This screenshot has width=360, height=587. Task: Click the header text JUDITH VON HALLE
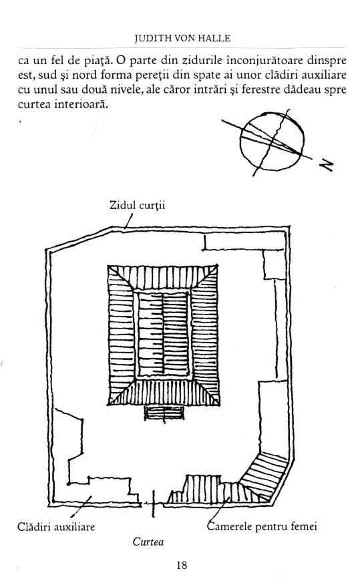point(182,38)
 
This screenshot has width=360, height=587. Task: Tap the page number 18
point(181,565)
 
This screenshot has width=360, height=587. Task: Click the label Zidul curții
point(137,206)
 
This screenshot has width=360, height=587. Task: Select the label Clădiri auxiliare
point(56,527)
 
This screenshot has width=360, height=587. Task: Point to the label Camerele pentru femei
point(262,526)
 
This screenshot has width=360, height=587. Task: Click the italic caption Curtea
point(148,542)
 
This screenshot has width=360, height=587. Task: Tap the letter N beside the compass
point(326,165)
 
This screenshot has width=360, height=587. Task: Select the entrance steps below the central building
point(164,413)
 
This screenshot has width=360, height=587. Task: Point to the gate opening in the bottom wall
point(153,504)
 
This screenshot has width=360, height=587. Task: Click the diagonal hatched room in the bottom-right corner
point(263,475)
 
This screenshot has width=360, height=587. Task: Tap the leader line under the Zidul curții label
point(129,221)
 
